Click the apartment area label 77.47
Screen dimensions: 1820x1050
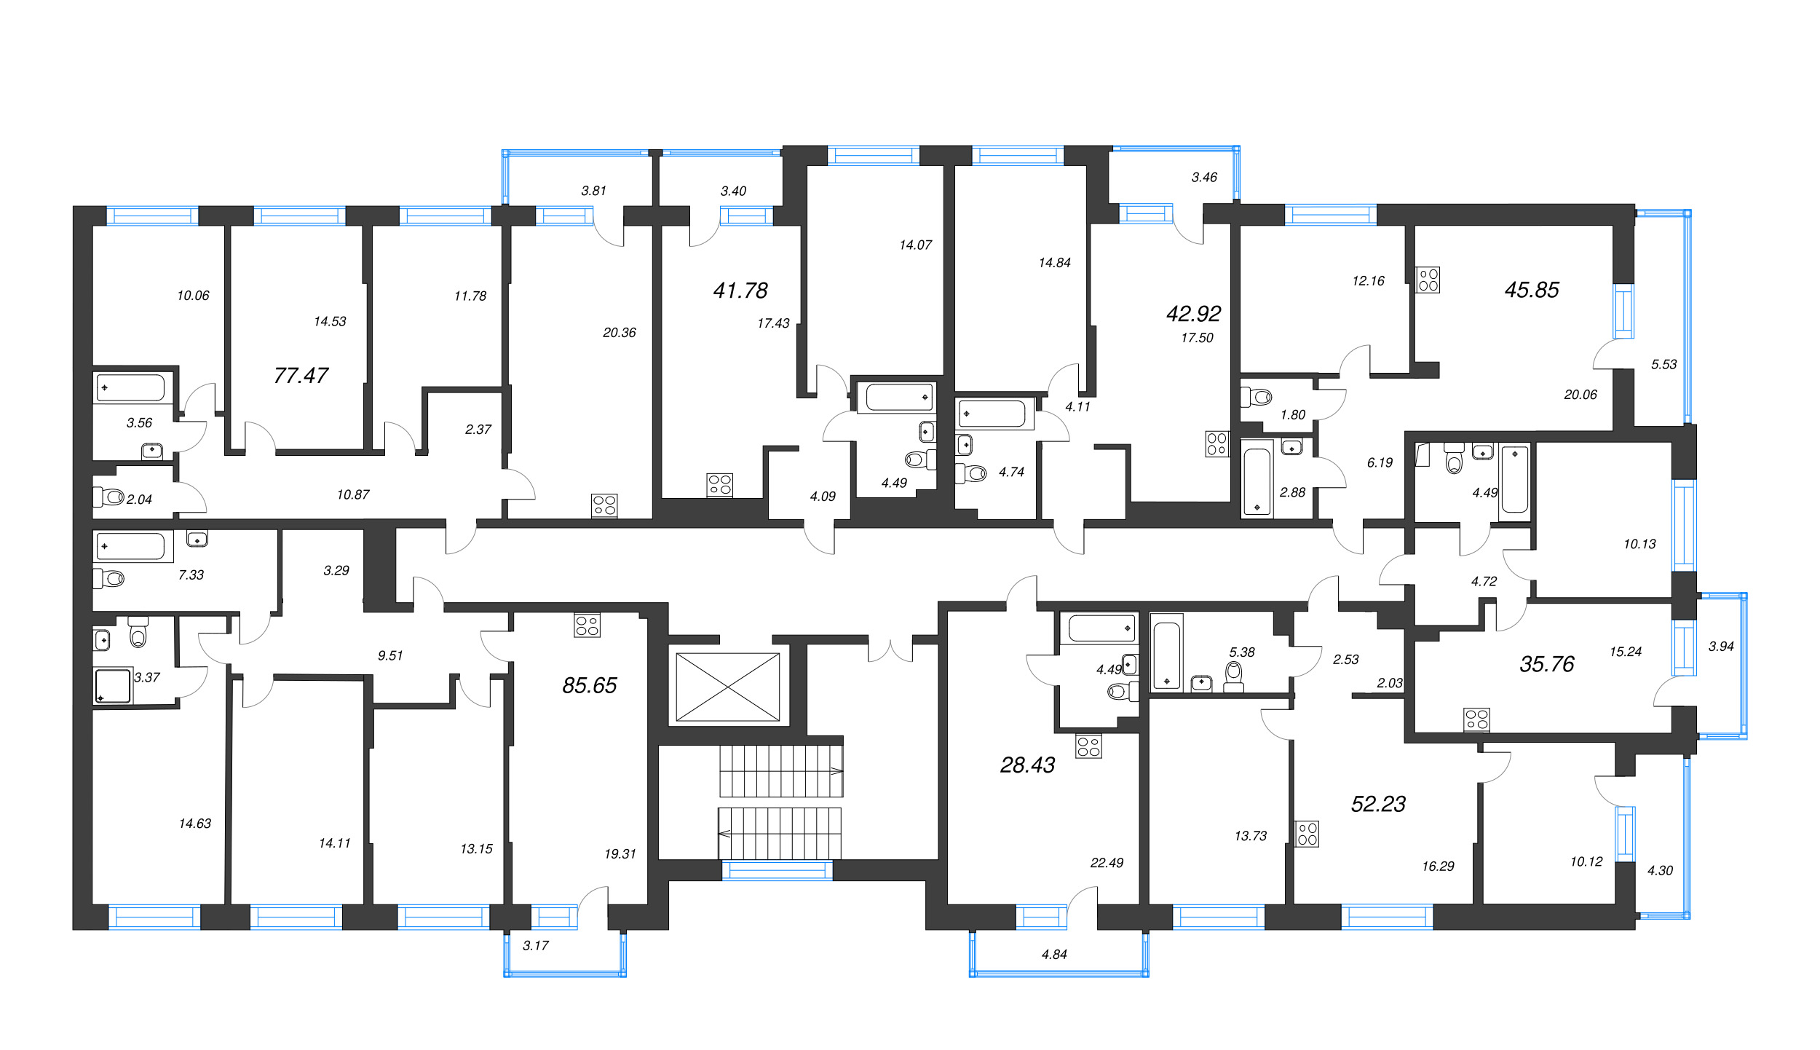click(x=301, y=376)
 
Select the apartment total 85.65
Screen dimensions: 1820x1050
click(x=590, y=685)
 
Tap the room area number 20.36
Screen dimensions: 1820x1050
click(x=620, y=333)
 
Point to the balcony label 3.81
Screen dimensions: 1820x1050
click(x=593, y=191)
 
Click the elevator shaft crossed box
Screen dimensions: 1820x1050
click(x=728, y=687)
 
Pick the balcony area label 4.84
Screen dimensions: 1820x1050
click(x=1054, y=955)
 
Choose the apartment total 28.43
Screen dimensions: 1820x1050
click(x=1027, y=765)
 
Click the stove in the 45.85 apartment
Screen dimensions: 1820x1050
click(x=1428, y=280)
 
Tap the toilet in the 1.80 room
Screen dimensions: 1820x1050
click(x=1257, y=397)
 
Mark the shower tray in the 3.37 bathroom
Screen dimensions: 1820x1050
click(x=113, y=687)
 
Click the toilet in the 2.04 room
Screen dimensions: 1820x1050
click(x=108, y=497)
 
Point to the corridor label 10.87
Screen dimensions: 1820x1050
click(x=353, y=495)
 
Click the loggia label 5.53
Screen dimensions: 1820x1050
click(x=1663, y=365)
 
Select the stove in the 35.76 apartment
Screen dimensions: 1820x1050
click(x=1476, y=720)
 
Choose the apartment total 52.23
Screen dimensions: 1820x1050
click(x=1378, y=804)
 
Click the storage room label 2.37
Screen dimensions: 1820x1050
click(x=478, y=430)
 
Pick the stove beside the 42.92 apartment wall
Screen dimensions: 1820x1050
click(x=1217, y=444)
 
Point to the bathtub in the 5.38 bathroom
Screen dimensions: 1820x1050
click(x=1167, y=652)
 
